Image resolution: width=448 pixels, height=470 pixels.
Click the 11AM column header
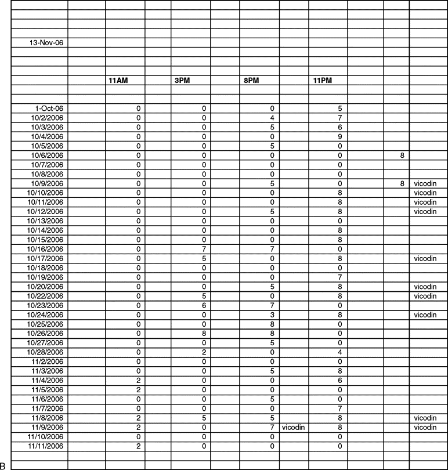click(x=118, y=81)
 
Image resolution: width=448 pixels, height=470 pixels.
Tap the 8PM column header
click(x=251, y=81)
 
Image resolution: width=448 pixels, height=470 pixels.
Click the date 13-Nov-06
click(x=48, y=42)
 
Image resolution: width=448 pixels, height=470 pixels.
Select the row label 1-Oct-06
click(x=49, y=109)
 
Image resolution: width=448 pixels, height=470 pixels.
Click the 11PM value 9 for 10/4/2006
click(x=341, y=137)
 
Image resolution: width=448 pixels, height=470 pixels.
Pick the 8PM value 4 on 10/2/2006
click(x=272, y=118)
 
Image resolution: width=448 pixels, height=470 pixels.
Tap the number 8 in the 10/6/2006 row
click(x=402, y=156)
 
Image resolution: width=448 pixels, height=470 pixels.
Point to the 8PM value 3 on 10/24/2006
click(x=272, y=315)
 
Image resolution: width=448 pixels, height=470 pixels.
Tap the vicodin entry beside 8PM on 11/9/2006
click(x=294, y=428)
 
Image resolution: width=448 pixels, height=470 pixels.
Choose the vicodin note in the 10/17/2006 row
click(x=425, y=259)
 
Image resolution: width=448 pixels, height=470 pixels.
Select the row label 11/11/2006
click(x=45, y=446)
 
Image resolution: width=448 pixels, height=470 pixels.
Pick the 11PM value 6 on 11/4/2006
click(x=341, y=381)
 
